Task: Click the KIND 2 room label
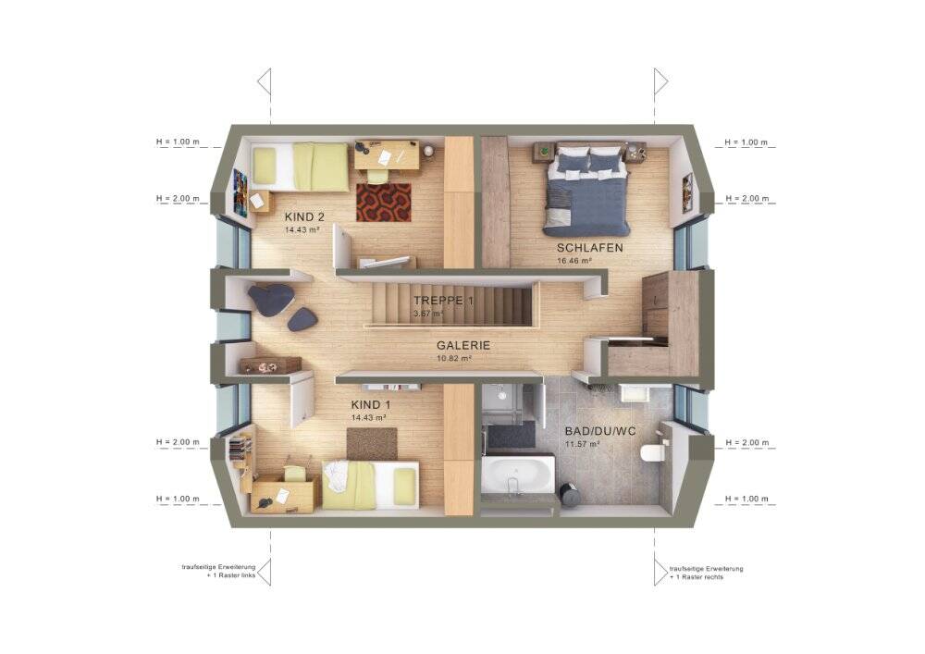pyautogui.click(x=304, y=217)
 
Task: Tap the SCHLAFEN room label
pyautogui.click(x=590, y=248)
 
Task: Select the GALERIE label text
pyautogui.click(x=463, y=346)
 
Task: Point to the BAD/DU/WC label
pyautogui.click(x=600, y=432)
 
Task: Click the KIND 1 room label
pyautogui.click(x=371, y=405)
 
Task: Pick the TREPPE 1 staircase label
pyautogui.click(x=444, y=301)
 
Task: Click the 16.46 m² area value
pyautogui.click(x=574, y=261)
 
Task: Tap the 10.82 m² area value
pyautogui.click(x=453, y=358)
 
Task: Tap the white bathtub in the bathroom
pyautogui.click(x=518, y=474)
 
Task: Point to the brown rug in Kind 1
pyautogui.click(x=372, y=444)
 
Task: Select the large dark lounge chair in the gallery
pyautogui.click(x=272, y=299)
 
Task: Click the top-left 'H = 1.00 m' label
pyautogui.click(x=178, y=142)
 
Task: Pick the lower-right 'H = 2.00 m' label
pyautogui.click(x=746, y=442)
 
